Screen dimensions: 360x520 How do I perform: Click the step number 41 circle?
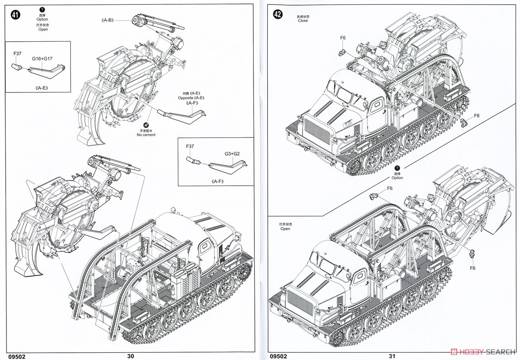(16, 14)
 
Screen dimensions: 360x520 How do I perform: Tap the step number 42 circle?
(278, 14)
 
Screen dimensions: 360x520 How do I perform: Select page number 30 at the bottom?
(131, 356)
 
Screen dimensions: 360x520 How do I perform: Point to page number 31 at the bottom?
(392, 356)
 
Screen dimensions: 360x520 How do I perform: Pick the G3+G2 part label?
(233, 154)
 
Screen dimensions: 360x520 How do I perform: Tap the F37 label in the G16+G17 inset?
(17, 53)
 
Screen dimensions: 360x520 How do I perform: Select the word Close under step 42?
(303, 21)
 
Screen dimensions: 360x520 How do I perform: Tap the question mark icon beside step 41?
(42, 9)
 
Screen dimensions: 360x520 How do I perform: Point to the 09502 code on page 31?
(278, 356)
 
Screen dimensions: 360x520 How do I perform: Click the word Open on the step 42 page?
(285, 229)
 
